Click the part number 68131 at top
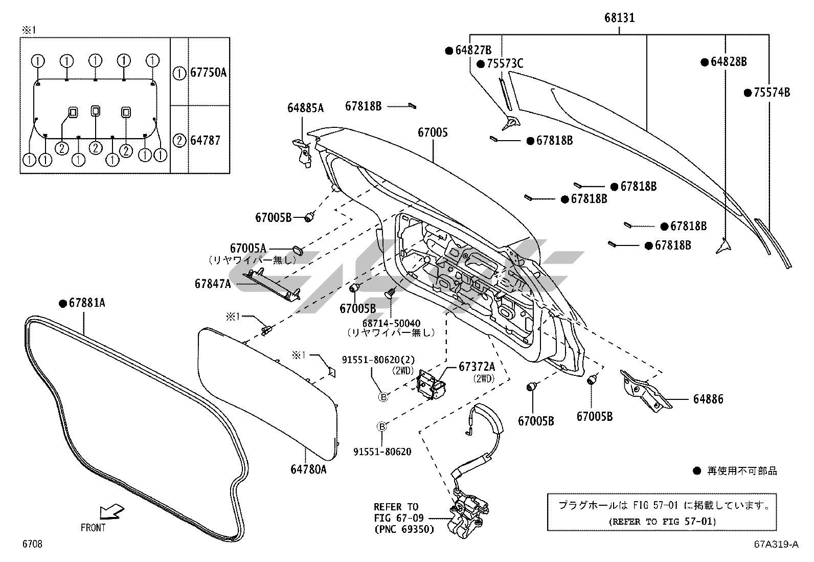pyautogui.click(x=619, y=18)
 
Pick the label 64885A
pyautogui.click(x=305, y=108)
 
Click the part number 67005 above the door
pyautogui.click(x=433, y=132)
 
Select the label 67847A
pyautogui.click(x=213, y=283)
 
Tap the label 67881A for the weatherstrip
pyautogui.click(x=87, y=303)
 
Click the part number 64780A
pyautogui.click(x=308, y=468)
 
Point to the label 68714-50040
pyautogui.click(x=391, y=323)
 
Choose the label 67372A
pyautogui.click(x=477, y=367)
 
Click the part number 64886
pyautogui.click(x=708, y=399)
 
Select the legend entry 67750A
pyautogui.click(x=208, y=73)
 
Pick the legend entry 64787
pyautogui.click(x=205, y=140)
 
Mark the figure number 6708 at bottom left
pyautogui.click(x=32, y=544)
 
